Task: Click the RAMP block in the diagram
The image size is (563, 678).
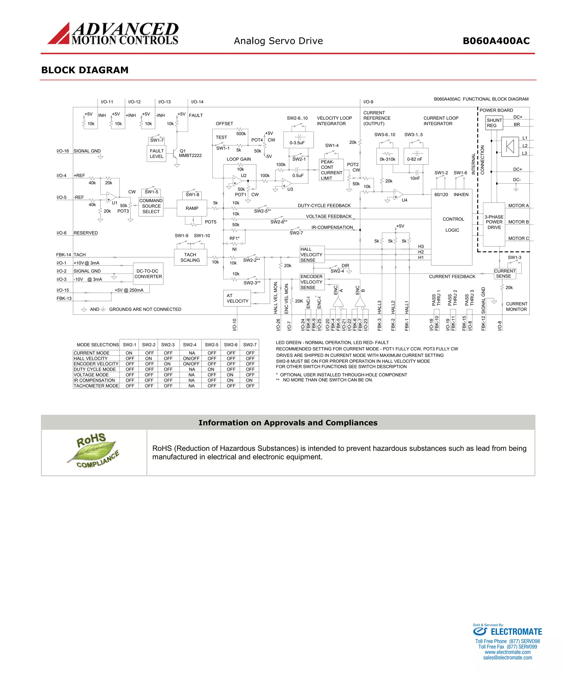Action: coord(192,208)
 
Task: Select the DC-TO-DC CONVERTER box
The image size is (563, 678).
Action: coord(148,274)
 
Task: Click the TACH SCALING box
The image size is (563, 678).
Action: coord(190,257)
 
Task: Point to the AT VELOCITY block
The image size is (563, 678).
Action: coord(237,298)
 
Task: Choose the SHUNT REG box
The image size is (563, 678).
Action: coord(494,123)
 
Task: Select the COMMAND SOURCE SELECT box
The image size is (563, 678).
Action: coord(151,206)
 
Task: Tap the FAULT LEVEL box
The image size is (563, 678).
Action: coord(156,154)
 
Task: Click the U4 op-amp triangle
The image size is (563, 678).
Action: coord(398,195)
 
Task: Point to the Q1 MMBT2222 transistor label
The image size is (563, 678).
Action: coord(190,153)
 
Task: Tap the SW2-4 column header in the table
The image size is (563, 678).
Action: coord(190,345)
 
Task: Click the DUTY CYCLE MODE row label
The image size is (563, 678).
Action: coord(95,369)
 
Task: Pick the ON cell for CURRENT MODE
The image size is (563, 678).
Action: coord(129,353)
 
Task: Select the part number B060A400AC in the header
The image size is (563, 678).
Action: coord(496,41)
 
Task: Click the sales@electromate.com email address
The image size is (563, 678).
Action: coord(507,658)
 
